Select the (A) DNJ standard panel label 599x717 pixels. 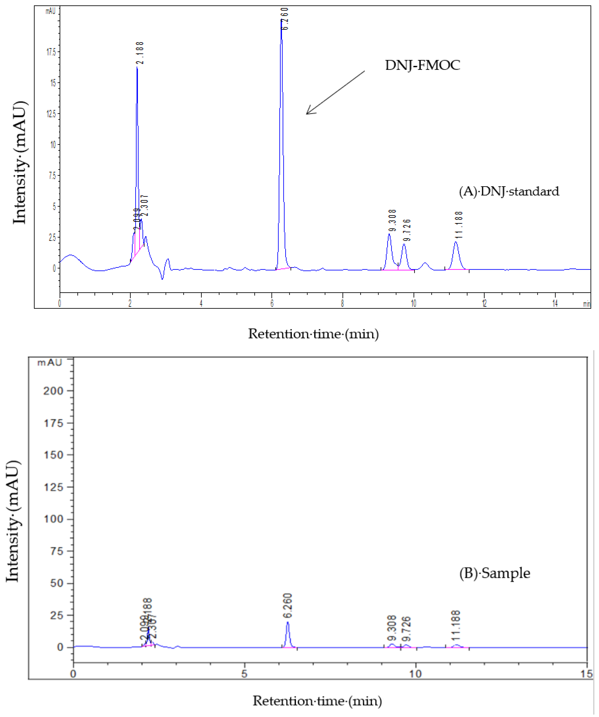(x=509, y=191)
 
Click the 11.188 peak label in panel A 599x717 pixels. (x=459, y=225)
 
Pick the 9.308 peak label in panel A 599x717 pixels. (x=393, y=220)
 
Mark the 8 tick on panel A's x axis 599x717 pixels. (x=343, y=303)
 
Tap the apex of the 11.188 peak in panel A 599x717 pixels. (x=456, y=242)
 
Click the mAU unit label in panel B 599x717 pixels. (x=50, y=362)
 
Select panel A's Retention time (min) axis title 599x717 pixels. (x=313, y=334)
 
